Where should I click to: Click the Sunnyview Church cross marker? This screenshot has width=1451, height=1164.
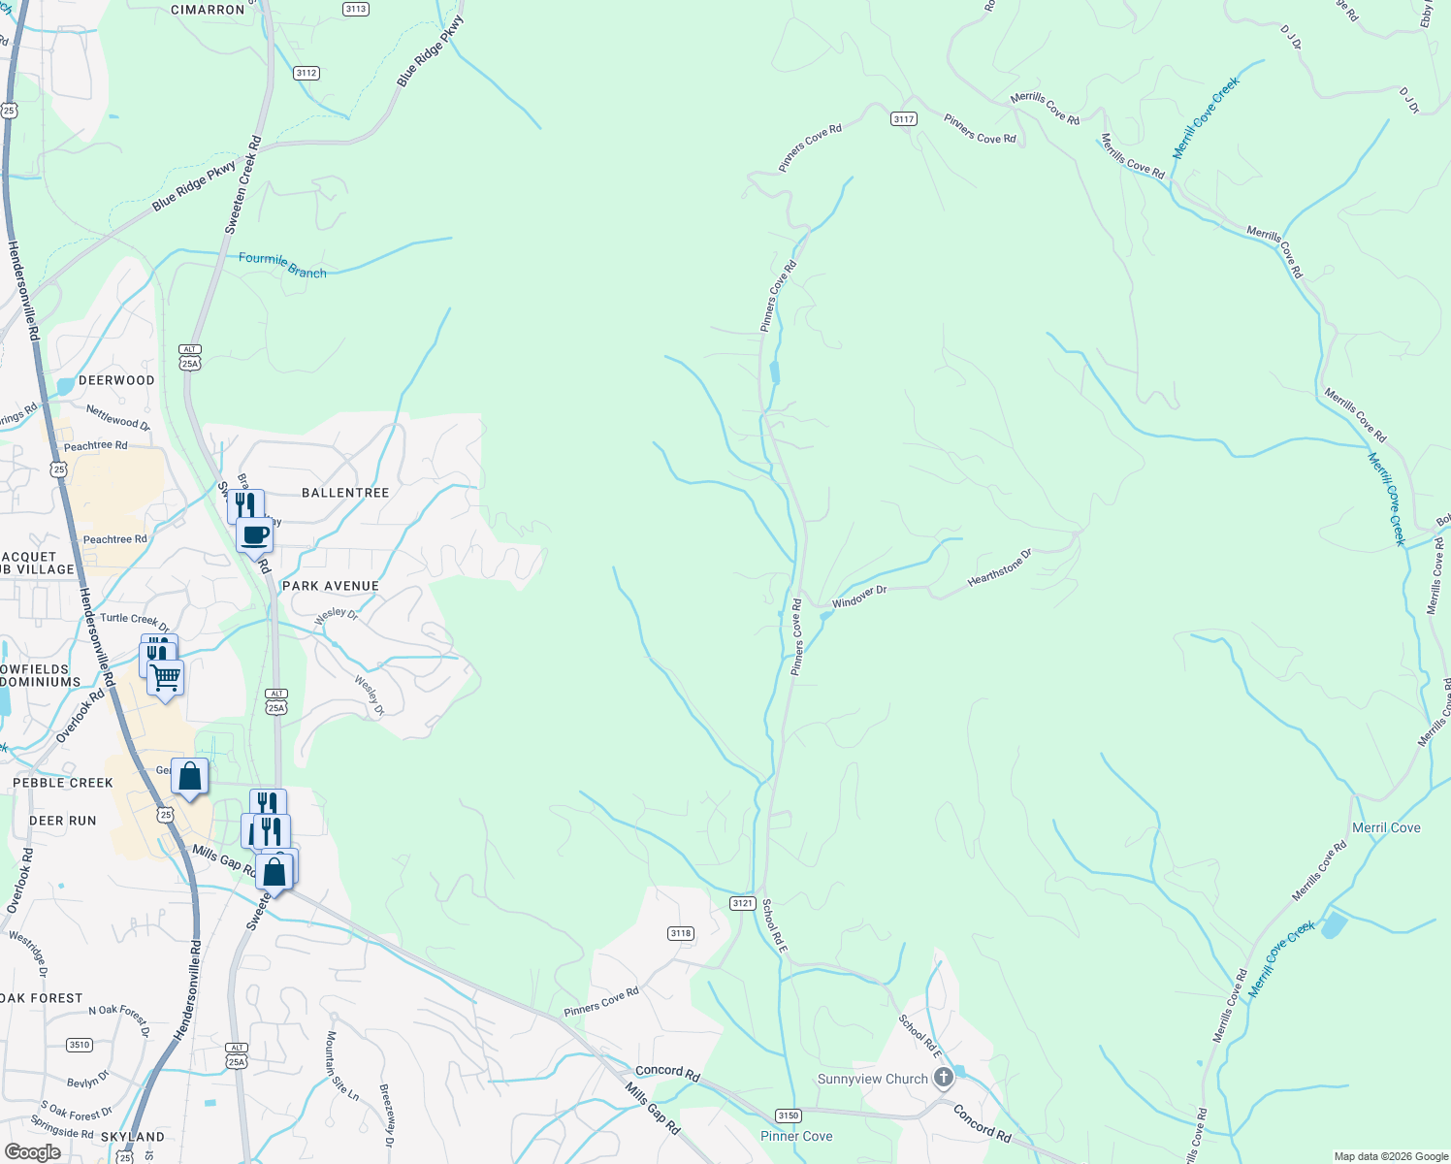[x=944, y=1078]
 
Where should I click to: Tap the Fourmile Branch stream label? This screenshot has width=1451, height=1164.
[x=282, y=265]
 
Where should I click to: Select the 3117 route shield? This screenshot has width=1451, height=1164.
[x=903, y=118]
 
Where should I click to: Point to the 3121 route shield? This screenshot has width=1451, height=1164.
[x=742, y=903]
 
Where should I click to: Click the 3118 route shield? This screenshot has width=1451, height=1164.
[x=680, y=933]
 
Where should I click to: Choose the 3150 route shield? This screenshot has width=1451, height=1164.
[x=788, y=1115]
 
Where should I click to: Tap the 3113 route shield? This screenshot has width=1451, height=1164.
[x=355, y=9]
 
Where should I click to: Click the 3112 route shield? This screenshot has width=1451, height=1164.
[x=306, y=73]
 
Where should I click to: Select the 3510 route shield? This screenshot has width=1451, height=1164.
[x=80, y=1045]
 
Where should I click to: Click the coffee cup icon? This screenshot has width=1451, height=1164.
[x=255, y=534]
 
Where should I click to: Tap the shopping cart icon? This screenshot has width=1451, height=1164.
[x=166, y=676]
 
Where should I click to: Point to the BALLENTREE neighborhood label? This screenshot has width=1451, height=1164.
[x=345, y=493]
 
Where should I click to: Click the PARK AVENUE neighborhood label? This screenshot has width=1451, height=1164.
[x=331, y=586]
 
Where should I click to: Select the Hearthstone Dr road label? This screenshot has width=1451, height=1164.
[x=999, y=568]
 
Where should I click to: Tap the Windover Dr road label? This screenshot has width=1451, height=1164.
[x=859, y=597]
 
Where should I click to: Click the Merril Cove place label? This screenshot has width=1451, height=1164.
[x=1386, y=827]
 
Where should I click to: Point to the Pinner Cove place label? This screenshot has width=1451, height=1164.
[x=796, y=1136]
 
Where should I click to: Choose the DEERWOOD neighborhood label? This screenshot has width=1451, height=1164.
[x=116, y=380]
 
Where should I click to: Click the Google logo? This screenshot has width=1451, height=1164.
[x=32, y=1152]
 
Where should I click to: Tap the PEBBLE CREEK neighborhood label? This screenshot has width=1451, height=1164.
[x=63, y=783]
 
